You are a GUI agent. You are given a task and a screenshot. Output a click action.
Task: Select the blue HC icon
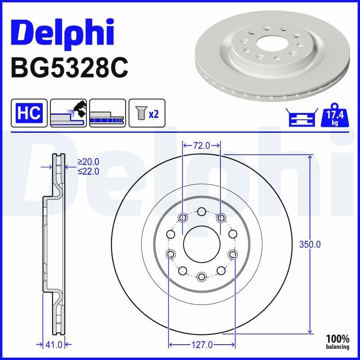29,112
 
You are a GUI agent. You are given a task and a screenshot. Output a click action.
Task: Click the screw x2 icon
147,112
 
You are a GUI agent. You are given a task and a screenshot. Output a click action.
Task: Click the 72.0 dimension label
202,145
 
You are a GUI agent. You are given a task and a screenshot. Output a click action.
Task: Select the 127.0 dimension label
202,345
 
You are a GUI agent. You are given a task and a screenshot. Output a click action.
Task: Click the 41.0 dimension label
54,345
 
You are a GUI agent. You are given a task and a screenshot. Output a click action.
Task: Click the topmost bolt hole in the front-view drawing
201,211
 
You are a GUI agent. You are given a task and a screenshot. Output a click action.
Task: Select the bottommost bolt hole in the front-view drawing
201,276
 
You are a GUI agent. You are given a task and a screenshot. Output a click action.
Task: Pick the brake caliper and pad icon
68,112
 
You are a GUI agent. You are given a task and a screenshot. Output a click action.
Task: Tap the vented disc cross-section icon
107,112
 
